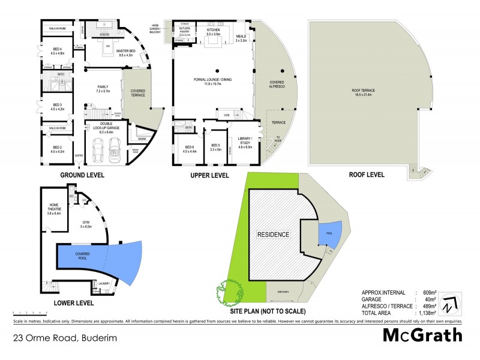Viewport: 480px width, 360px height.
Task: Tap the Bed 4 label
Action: (x=58, y=51)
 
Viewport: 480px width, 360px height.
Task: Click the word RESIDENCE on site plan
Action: (x=273, y=234)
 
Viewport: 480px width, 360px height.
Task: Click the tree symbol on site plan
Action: (x=224, y=292)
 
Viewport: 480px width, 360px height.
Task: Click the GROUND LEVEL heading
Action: (x=82, y=175)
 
